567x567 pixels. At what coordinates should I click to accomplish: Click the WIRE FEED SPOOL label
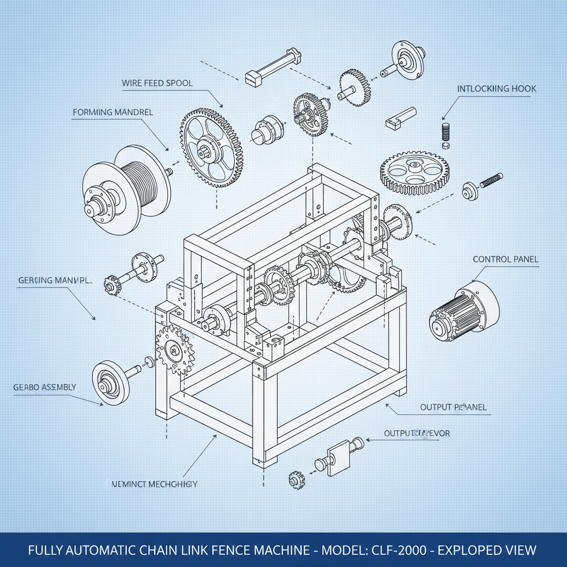157,83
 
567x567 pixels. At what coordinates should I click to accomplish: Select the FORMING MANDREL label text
112,112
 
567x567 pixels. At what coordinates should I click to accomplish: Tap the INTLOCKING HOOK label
496,89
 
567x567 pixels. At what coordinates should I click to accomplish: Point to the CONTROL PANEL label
505,259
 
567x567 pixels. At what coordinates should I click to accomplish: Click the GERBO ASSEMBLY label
44,387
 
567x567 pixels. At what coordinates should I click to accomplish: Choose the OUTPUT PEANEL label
453,407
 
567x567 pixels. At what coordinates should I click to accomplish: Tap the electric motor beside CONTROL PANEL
464,311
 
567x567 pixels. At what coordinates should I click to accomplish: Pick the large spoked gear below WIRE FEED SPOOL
210,147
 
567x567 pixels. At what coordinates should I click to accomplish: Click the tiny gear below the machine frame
296,479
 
